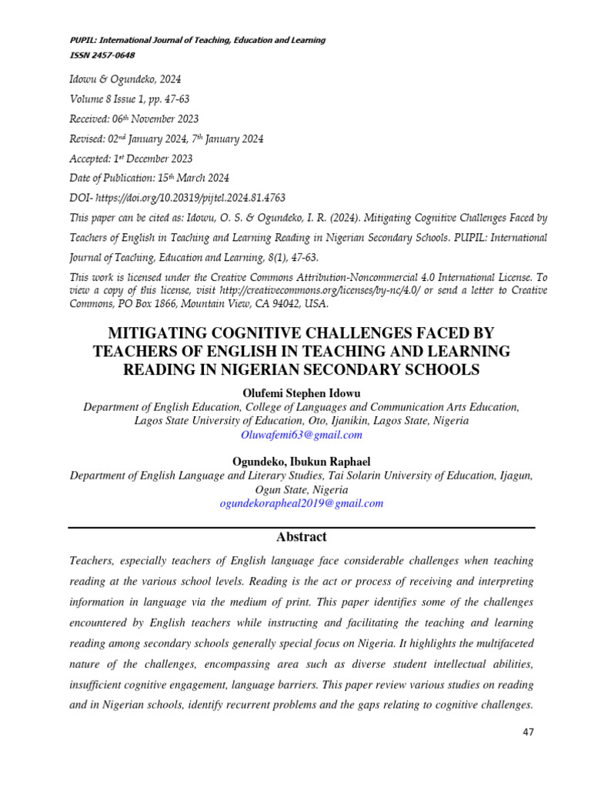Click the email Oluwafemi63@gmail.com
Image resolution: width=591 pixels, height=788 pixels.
pos(302,435)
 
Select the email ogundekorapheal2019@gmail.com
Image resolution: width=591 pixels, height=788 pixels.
pos(302,503)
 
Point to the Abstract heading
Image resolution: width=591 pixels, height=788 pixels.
pos(302,537)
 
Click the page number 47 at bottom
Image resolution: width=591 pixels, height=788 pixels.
pos(527,732)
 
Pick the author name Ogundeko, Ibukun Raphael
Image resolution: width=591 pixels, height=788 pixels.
pos(302,462)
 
